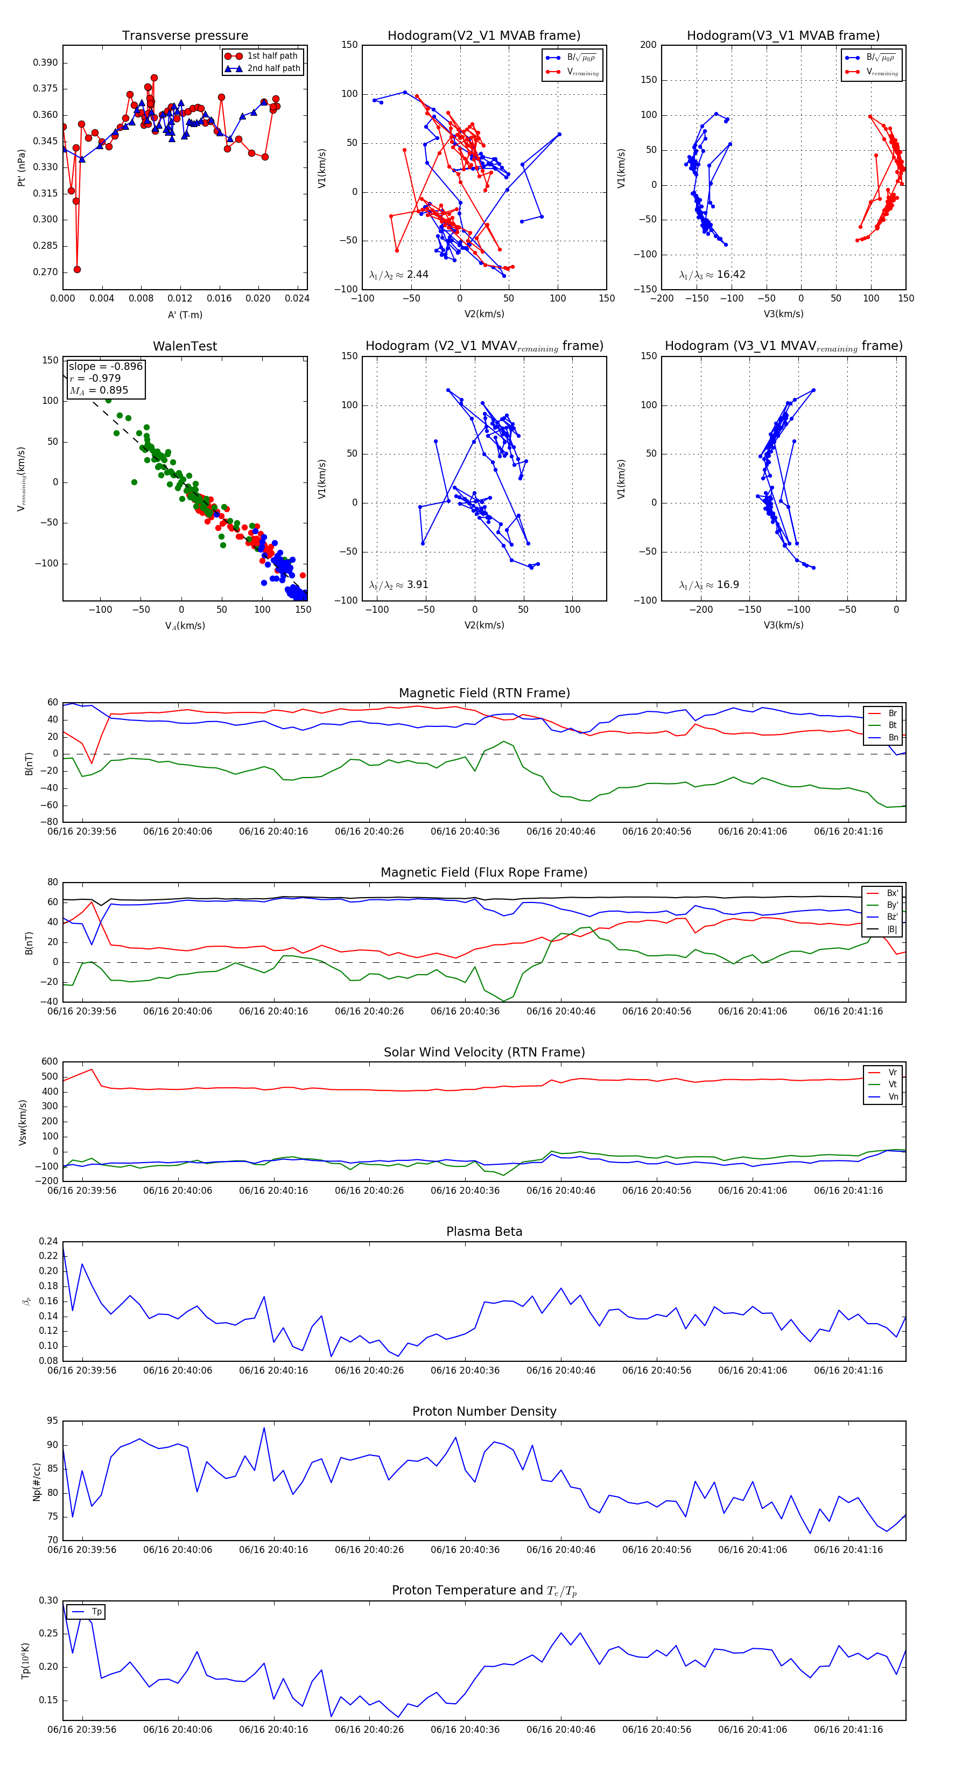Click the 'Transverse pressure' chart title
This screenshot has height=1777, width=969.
click(x=185, y=36)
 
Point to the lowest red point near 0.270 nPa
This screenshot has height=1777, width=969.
click(x=77, y=270)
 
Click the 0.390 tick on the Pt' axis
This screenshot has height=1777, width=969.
click(x=46, y=63)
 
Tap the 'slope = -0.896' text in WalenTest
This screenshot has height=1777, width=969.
click(x=106, y=366)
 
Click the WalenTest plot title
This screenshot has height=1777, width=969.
click(x=185, y=346)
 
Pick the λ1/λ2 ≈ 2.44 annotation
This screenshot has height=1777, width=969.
click(x=398, y=275)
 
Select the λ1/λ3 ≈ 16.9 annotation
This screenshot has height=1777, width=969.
click(x=709, y=585)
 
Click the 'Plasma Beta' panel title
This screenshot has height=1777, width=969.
click(x=484, y=1232)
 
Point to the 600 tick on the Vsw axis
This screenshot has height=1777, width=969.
click(x=50, y=1062)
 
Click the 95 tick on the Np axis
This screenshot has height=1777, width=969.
click(x=52, y=1421)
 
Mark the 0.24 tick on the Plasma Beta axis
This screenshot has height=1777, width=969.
click(x=48, y=1241)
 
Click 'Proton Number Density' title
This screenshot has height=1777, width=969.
click(x=484, y=1411)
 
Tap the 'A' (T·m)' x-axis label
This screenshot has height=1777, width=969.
click(x=185, y=314)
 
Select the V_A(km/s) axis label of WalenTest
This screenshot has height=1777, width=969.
click(x=185, y=626)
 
